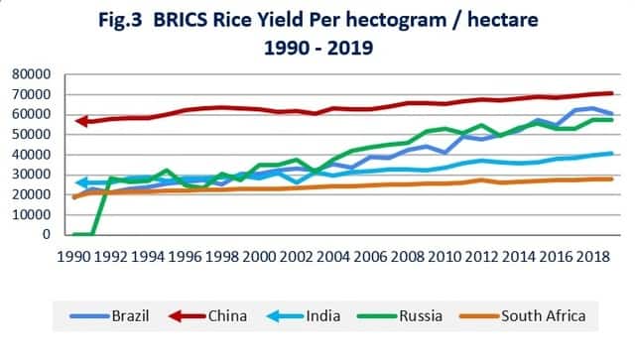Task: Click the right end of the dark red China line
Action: (x=611, y=93)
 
